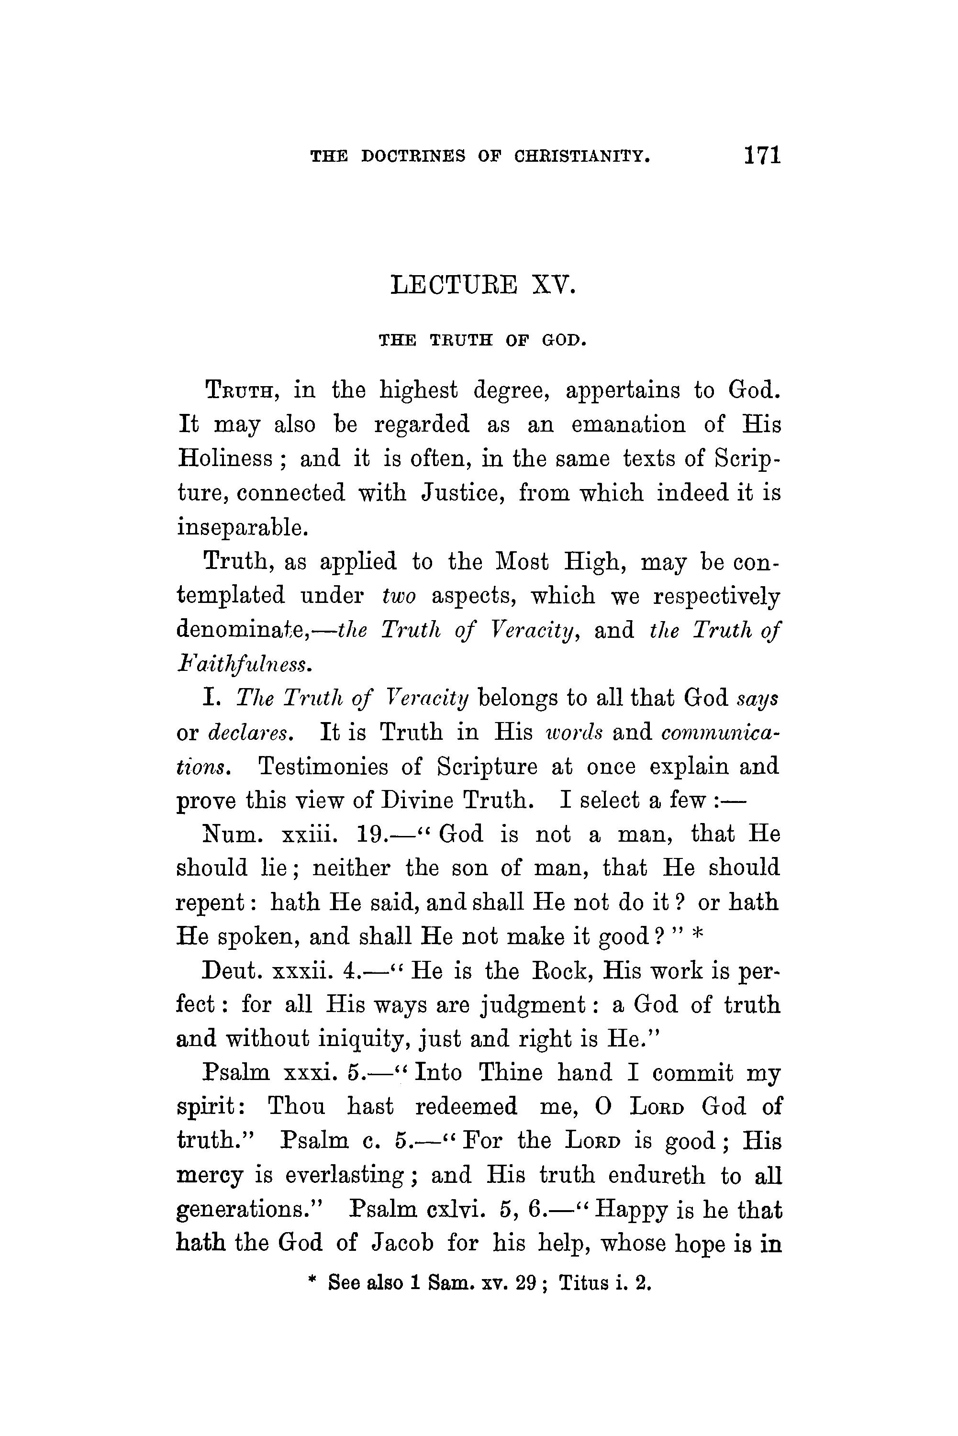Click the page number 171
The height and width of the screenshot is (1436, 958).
762,155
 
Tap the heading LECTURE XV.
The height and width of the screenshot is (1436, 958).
483,285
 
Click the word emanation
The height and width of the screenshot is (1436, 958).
628,424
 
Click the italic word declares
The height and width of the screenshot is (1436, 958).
250,732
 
